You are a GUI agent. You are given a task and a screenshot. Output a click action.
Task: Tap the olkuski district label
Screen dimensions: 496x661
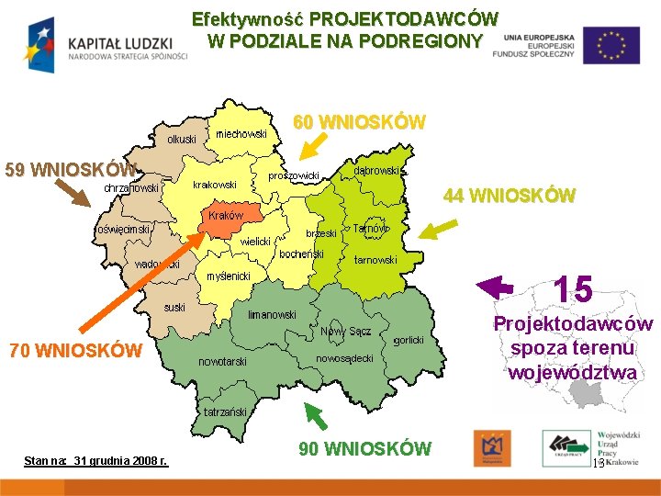coord(181,139)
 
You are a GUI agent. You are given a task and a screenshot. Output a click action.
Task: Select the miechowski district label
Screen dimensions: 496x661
coord(241,134)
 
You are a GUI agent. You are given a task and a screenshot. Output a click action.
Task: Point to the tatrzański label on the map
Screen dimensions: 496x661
coord(226,412)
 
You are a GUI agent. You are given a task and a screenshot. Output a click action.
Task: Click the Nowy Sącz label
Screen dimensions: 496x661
coord(345,331)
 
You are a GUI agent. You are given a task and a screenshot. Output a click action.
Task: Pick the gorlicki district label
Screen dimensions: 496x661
coord(408,340)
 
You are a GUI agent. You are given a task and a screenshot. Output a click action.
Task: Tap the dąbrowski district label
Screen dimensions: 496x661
coord(377,171)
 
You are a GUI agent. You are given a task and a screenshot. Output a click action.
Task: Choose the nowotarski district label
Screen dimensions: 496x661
coord(223,362)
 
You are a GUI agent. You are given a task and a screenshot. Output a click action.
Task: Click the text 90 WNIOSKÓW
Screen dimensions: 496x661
coord(364,448)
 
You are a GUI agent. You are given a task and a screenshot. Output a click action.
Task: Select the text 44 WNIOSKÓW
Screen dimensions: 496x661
coord(510,196)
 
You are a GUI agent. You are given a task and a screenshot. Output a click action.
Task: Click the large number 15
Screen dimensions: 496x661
coord(574,290)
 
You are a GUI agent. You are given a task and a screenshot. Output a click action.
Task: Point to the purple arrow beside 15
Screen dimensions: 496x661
coord(496,287)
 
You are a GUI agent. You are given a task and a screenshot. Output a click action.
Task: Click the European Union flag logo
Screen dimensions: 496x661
coord(611,45)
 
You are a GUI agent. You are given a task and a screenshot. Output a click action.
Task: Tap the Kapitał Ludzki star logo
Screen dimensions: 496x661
coord(41,44)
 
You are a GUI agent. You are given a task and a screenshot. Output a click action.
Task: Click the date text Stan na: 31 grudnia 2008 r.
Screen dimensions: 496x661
coord(95,459)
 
